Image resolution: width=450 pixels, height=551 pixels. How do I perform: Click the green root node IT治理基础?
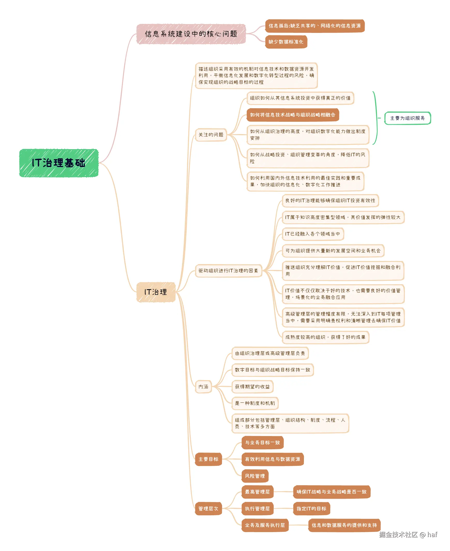pos(59,163)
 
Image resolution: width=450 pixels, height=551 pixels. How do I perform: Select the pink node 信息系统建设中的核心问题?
pos(191,34)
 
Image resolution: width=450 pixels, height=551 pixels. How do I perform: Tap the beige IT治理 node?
pos(156,292)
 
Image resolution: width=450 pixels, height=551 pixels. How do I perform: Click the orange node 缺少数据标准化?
pos(286,42)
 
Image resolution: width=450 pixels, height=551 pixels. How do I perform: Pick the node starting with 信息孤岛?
pos(315,26)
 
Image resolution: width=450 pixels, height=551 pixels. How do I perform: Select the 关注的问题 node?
pos(211,135)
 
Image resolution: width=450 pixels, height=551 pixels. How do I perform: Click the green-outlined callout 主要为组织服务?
pos(407,118)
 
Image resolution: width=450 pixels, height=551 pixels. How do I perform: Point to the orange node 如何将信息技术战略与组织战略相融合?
pos(293,115)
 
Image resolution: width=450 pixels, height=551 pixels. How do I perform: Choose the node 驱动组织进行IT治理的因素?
pos(228,271)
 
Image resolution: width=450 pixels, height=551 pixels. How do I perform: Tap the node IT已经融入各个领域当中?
pos(313,234)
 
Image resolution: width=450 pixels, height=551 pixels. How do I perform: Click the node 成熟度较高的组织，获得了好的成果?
pos(325,337)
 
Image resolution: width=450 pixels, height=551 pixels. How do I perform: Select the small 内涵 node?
pos(203,387)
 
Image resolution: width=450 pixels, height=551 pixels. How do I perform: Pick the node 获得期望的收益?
pos(252,387)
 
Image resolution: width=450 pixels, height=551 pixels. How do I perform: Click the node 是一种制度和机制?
pos(255,403)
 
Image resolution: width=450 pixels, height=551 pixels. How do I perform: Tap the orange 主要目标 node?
pos(208,459)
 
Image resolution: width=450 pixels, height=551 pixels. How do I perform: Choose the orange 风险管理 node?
pos(255,476)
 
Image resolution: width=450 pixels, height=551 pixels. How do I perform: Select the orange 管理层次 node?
pos(208,509)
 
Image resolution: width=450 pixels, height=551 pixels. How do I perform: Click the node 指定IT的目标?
pos(311,509)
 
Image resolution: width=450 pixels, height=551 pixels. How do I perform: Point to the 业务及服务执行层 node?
pos(265,525)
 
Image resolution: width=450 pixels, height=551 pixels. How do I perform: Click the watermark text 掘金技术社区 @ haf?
pos(408,535)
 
